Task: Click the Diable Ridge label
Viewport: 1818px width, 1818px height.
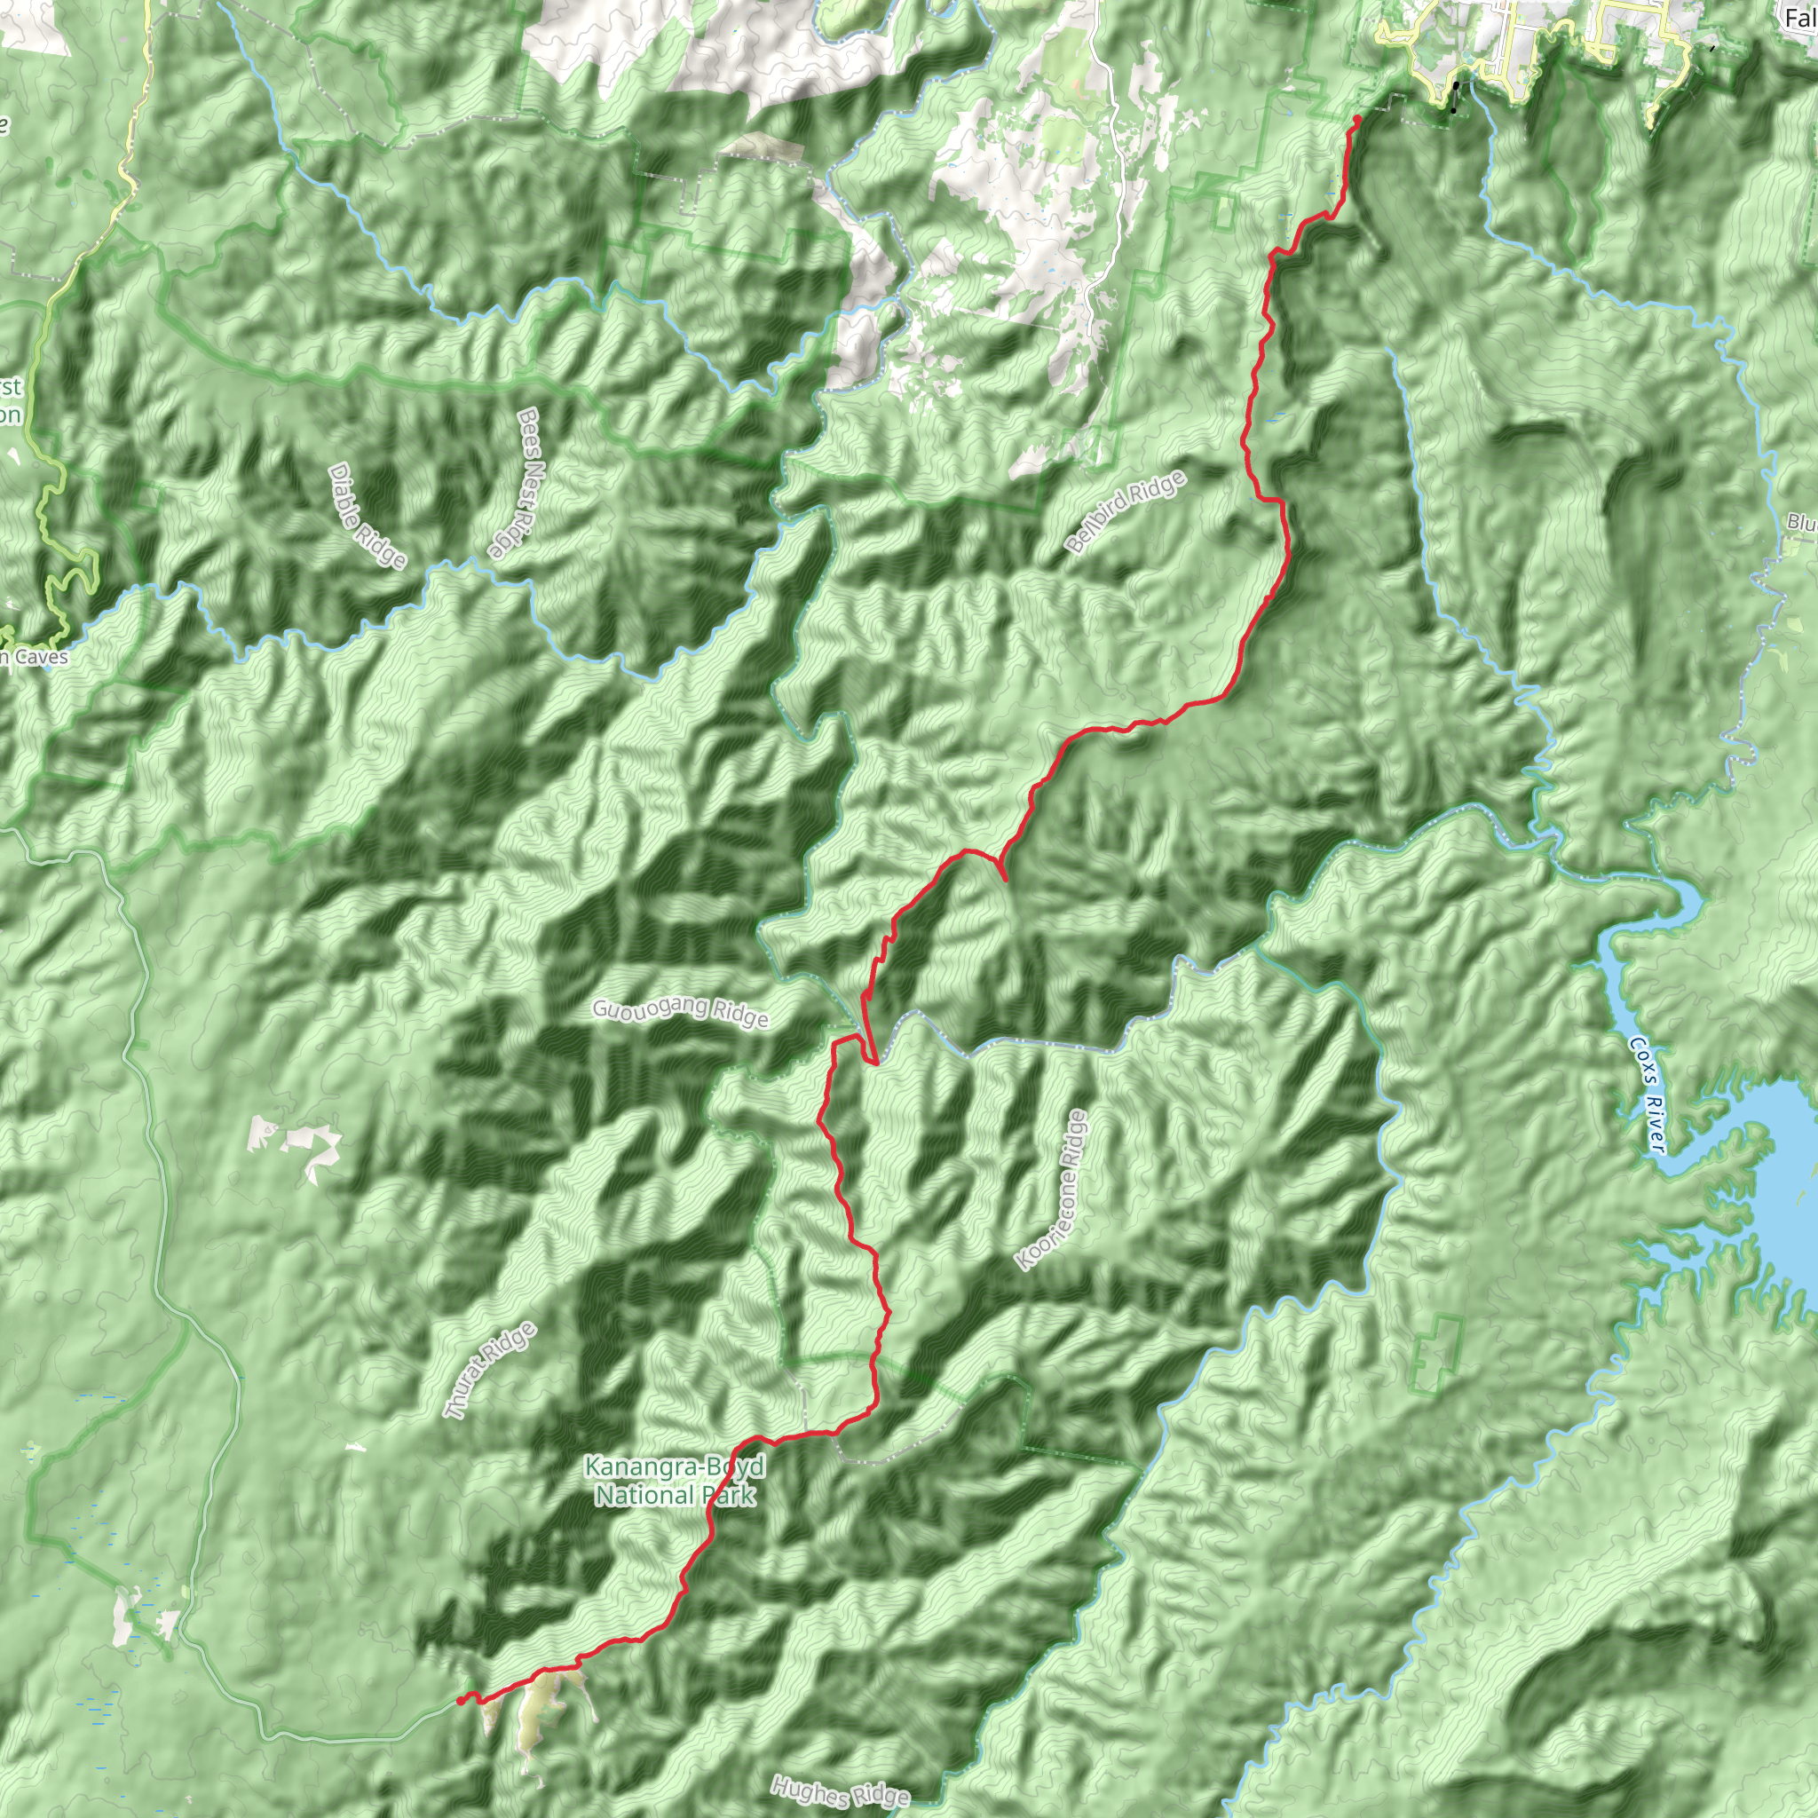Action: (367, 517)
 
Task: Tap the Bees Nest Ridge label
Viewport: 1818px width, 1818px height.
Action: (514, 483)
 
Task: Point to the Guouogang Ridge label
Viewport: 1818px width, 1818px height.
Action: (680, 1013)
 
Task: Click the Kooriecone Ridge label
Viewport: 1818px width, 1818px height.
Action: (1052, 1190)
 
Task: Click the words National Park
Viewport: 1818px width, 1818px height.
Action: (674, 1494)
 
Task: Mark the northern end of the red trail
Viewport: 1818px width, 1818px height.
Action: (1357, 119)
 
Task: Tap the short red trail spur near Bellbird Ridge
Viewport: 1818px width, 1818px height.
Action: (1000, 867)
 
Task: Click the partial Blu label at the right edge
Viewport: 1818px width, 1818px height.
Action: (1801, 522)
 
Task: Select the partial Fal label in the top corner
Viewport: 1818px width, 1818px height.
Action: (1799, 18)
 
